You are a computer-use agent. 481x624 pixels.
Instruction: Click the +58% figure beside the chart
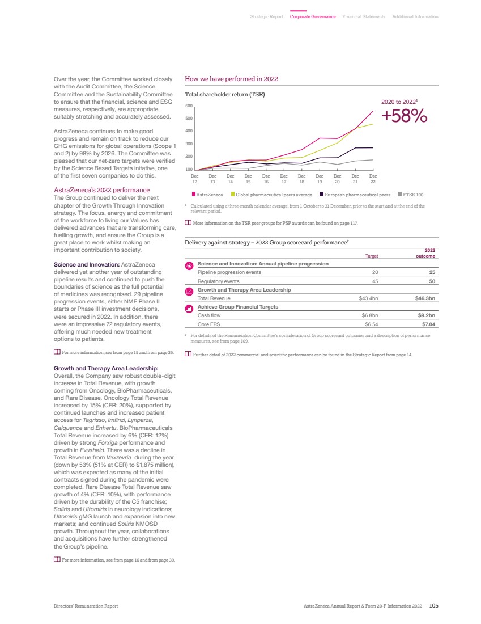404,116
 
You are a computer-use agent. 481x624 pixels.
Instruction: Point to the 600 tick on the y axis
190,106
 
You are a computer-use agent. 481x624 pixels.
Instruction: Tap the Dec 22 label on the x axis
373,179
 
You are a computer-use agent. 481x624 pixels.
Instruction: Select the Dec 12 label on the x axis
194,179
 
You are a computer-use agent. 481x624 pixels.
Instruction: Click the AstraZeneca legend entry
207,195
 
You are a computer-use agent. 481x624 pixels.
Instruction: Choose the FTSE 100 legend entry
411,195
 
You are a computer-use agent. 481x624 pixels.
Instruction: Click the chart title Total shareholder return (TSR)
225,94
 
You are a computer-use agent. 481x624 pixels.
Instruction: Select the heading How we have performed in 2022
231,79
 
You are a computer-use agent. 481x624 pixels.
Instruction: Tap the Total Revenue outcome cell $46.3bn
424,298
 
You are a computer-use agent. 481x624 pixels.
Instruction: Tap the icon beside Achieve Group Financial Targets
189,309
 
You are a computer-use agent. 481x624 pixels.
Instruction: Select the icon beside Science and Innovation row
189,265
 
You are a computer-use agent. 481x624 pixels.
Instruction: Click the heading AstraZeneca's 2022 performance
93,191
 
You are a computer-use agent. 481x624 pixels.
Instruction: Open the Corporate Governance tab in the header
313,16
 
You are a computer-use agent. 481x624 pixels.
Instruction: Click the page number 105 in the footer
434,606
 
